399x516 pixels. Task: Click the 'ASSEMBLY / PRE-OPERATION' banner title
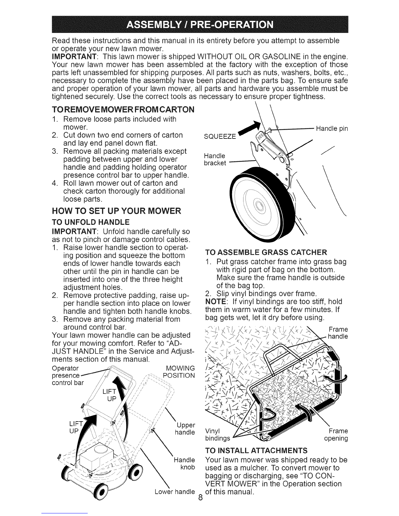tap(200, 24)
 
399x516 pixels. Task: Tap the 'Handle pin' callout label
tap(332, 129)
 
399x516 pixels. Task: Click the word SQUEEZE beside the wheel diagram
tap(220, 136)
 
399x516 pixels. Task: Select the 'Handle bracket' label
tap(215, 159)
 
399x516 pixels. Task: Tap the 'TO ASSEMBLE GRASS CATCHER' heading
tap(266, 252)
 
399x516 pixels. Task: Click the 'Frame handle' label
tap(338, 333)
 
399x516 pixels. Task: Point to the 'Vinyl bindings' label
tap(217, 435)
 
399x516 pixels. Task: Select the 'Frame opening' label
tap(336, 435)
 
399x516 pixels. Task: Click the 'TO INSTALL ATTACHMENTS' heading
tap(256, 451)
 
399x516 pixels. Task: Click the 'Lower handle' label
tap(175, 492)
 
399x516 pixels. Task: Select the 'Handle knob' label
tap(185, 464)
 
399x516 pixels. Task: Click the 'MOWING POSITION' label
tap(179, 372)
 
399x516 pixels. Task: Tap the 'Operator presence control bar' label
tap(68, 375)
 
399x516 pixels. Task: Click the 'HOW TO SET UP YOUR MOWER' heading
tap(116, 211)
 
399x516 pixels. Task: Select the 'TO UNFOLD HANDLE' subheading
tap(91, 222)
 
